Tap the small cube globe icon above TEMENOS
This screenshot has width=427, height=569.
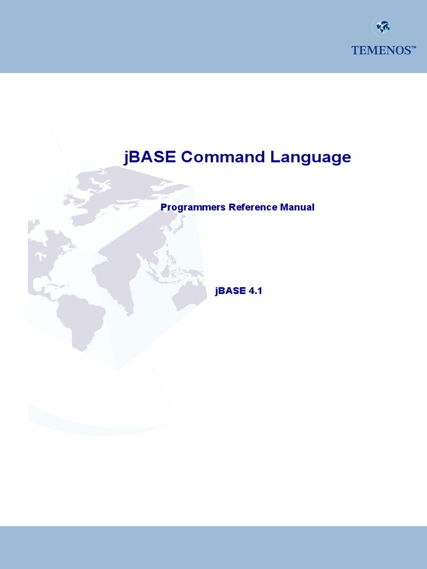382,27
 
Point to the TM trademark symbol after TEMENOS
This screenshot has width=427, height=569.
413,48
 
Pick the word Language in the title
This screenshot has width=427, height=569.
311,157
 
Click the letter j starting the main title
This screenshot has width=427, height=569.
126,157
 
